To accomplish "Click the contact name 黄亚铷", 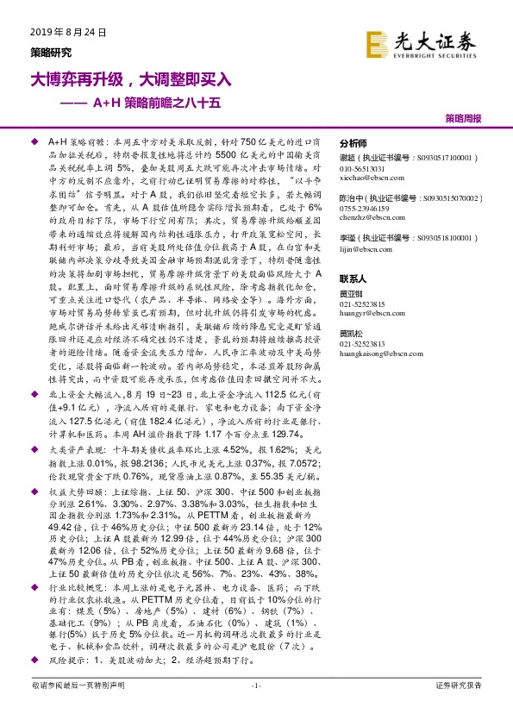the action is click(352, 295).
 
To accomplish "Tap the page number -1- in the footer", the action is click(255, 709).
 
